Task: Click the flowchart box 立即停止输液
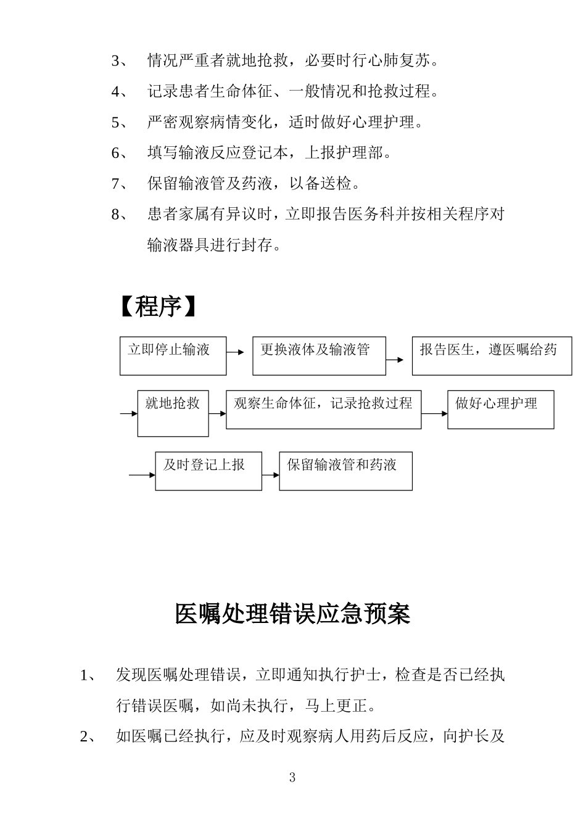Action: [173, 356]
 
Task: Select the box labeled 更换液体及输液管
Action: [319, 356]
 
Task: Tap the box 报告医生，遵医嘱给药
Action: [492, 356]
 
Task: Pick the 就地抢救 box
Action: [173, 413]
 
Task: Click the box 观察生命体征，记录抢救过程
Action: [323, 410]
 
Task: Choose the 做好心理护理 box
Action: [500, 410]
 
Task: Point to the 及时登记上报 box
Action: [208, 471]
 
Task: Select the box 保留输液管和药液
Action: [345, 471]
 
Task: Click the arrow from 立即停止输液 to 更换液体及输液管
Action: [236, 352]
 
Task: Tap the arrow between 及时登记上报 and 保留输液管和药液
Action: [270, 475]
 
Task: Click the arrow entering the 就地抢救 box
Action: [129, 413]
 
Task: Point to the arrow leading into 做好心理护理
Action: [434, 413]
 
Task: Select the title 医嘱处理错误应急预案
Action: [292, 614]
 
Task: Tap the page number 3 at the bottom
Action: [292, 777]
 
